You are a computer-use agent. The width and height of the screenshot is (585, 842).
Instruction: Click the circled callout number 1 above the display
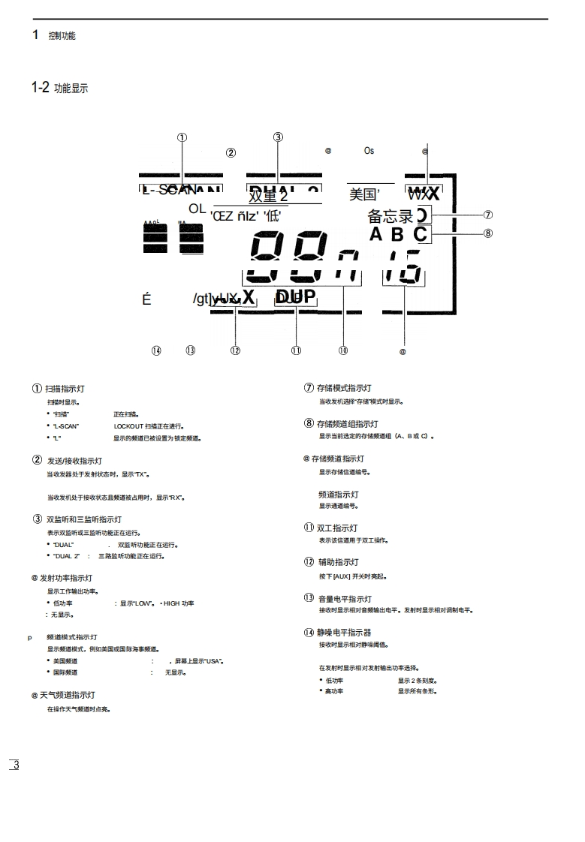tap(182, 137)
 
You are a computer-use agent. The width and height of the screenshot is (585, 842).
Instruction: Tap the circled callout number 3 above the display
tap(278, 137)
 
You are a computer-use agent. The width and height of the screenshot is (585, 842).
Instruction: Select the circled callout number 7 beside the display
tap(488, 215)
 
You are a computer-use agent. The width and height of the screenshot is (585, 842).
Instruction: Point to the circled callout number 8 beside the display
tap(488, 233)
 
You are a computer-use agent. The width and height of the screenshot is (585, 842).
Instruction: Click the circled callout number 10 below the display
tap(343, 350)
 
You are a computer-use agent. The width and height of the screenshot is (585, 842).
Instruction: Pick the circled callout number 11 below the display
tap(296, 350)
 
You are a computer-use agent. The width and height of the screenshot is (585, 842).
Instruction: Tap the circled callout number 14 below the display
tap(156, 350)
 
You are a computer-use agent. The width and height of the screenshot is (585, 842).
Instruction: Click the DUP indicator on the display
tap(295, 296)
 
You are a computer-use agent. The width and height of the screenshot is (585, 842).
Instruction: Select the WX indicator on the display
tap(424, 193)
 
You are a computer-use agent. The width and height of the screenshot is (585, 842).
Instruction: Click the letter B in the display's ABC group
tap(397, 234)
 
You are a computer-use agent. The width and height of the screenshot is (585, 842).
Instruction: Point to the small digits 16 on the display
tap(404, 269)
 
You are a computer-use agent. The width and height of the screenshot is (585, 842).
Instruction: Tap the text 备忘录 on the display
tap(391, 217)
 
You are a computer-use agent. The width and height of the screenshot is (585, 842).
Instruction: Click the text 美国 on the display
tap(364, 195)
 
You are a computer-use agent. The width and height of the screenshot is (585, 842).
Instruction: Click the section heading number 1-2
tap(41, 88)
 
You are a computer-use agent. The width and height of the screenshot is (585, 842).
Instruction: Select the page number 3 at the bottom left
tap(16, 765)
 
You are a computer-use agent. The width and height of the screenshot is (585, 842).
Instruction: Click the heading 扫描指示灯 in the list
tap(65, 389)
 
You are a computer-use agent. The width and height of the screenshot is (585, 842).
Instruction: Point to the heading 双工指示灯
tap(338, 528)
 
